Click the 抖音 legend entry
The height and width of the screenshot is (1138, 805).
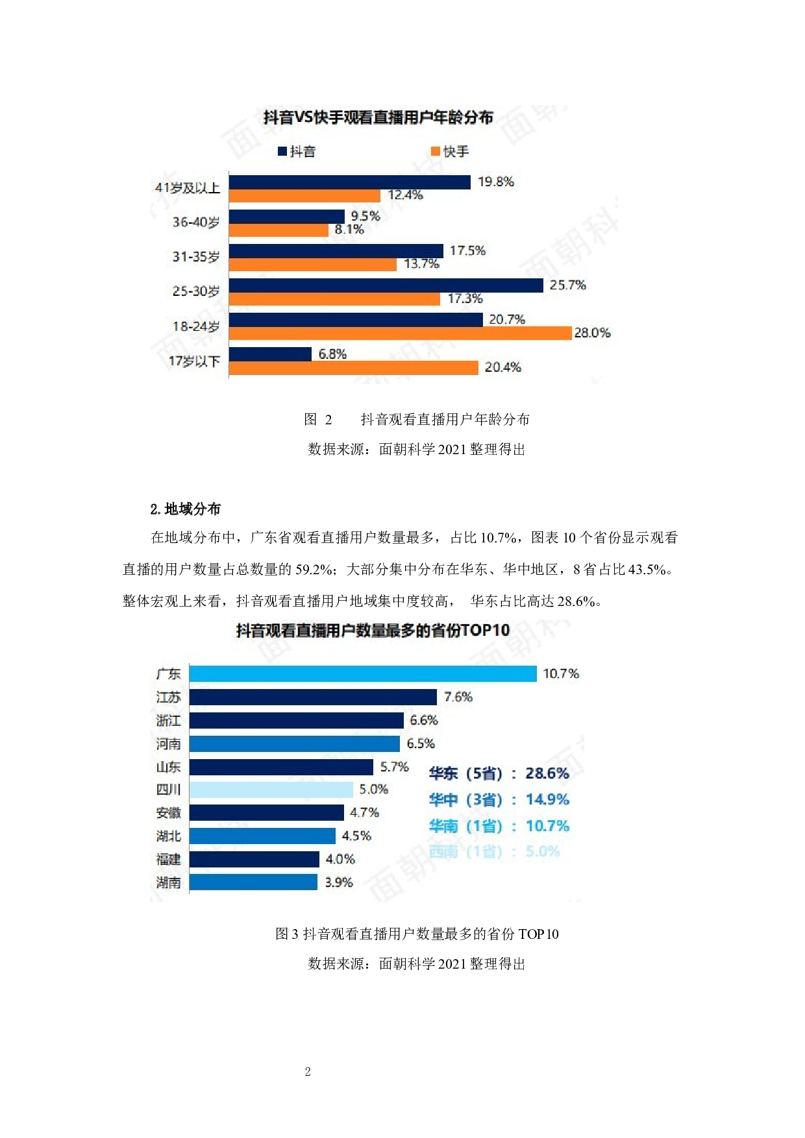tap(297, 151)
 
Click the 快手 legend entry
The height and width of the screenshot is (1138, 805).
tap(450, 151)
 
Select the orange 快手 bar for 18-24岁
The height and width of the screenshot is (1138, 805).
tap(400, 333)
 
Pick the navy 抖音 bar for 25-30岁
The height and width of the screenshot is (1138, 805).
tap(386, 285)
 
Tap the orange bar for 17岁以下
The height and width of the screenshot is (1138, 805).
tap(353, 368)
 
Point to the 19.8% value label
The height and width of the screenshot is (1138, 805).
tap(495, 182)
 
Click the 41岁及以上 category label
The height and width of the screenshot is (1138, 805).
tap(188, 188)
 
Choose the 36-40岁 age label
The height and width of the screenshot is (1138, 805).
tap(196, 222)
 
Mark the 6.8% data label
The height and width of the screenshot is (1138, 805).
tap(332, 354)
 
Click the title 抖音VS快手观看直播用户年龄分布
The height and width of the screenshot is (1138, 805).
tap(378, 117)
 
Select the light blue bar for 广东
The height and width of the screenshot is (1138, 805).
tap(363, 674)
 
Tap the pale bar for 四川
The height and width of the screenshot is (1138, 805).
tap(271, 790)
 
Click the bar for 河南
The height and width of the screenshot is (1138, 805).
tap(295, 744)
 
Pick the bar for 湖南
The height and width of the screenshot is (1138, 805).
tap(253, 882)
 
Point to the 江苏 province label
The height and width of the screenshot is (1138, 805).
tap(168, 697)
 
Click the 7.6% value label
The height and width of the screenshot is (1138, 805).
tap(458, 697)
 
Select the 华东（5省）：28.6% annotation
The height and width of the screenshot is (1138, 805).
tap(499, 773)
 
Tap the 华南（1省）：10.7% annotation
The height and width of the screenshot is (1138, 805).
tap(499, 826)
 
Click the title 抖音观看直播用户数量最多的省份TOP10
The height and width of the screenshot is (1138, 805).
tap(373, 631)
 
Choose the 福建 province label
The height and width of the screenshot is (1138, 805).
tap(168, 859)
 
